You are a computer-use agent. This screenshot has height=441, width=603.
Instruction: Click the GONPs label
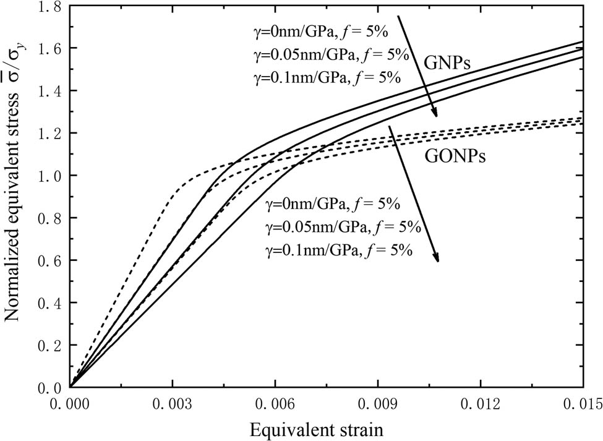[x=454, y=156]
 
